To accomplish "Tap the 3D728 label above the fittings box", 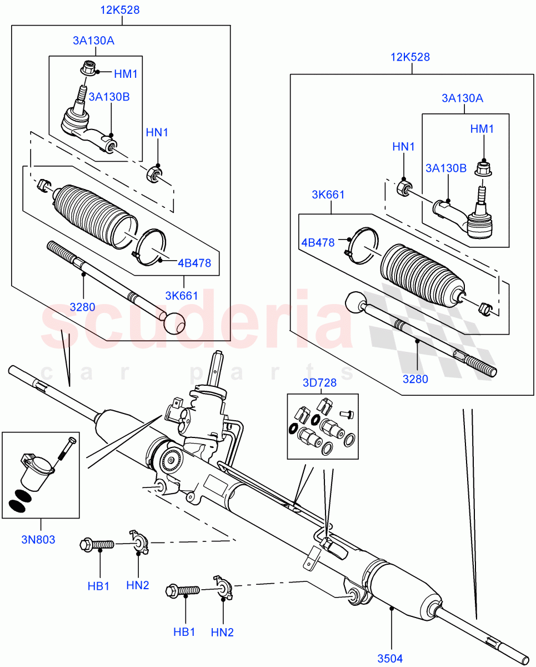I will click(320, 384).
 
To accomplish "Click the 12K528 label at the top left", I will click(120, 10).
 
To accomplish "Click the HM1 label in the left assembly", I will click(126, 73).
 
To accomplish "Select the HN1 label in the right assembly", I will click(404, 147).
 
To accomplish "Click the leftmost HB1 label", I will click(99, 586).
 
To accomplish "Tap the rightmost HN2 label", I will click(223, 632).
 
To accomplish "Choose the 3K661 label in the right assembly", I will click(328, 195).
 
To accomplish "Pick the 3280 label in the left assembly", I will click(83, 306).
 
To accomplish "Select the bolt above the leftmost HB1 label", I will click(98, 544).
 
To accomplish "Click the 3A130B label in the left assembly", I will click(109, 97).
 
